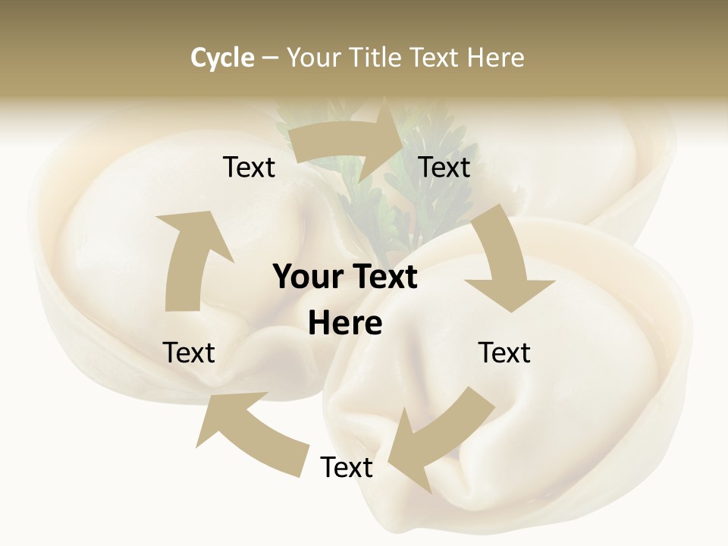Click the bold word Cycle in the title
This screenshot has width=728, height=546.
point(222,58)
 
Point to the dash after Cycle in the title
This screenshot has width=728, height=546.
point(270,58)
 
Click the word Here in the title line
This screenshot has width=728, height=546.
point(495,58)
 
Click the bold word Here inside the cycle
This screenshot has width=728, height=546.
point(345,324)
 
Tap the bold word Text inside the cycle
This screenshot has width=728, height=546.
point(383,278)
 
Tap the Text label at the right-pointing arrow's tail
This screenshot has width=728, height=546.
point(249,168)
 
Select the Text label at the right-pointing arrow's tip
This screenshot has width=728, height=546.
point(444,168)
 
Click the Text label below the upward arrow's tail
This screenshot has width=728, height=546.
point(189,353)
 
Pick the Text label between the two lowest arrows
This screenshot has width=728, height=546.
point(347,467)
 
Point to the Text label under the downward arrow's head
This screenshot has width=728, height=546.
point(504,353)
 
